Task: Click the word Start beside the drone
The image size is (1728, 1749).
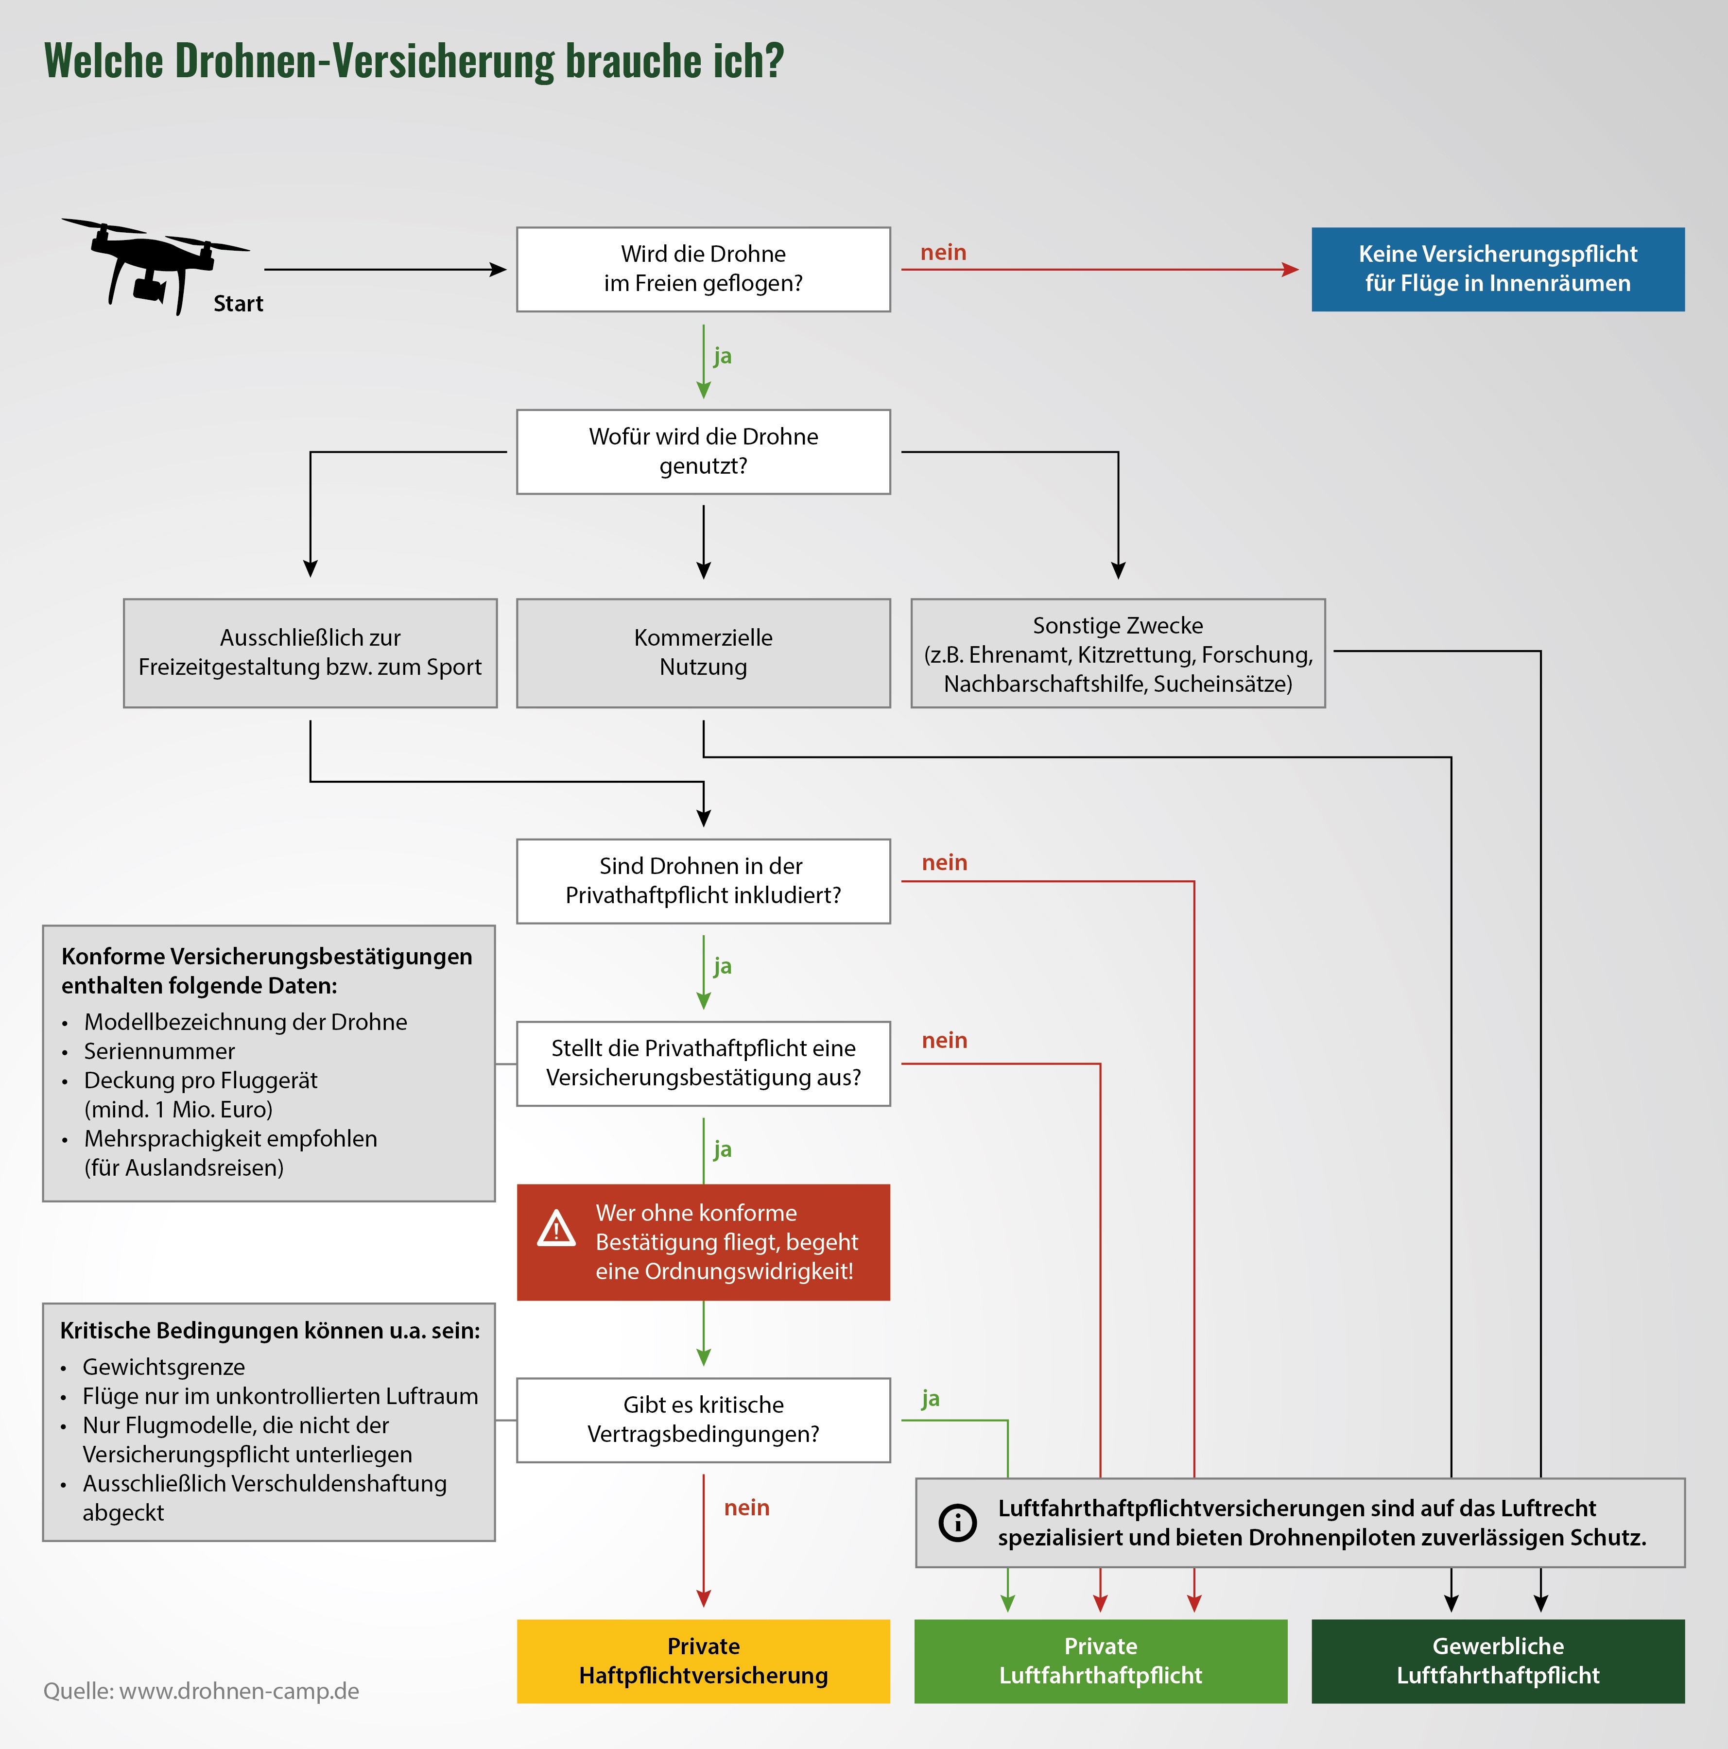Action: click(238, 303)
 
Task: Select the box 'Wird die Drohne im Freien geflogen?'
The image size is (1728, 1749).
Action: click(703, 269)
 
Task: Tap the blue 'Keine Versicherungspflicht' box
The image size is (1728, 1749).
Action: click(1497, 269)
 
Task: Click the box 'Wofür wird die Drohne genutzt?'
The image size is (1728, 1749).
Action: click(703, 451)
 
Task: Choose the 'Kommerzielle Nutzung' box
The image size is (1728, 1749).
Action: click(703, 652)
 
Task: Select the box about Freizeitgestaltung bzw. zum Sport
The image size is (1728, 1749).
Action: click(310, 652)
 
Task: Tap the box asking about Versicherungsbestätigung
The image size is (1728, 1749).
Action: click(703, 1063)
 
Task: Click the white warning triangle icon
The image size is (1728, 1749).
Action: click(556, 1229)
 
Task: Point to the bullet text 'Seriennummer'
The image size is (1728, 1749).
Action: click(159, 1051)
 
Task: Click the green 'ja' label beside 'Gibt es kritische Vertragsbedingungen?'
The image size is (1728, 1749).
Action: click(930, 1399)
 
